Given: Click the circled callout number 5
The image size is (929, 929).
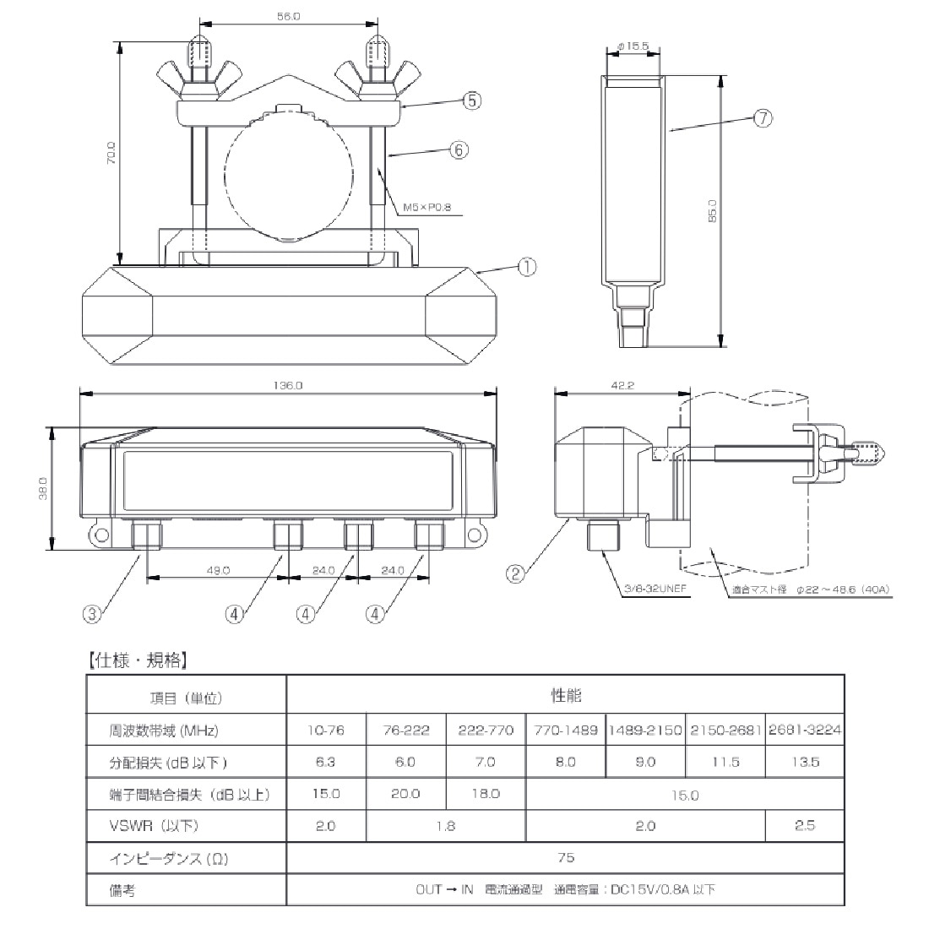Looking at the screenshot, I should tap(471, 101).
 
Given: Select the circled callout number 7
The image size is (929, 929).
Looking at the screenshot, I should tap(762, 118).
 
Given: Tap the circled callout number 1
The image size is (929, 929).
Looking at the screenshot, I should tap(527, 268).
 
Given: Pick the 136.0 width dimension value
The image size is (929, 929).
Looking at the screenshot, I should tap(288, 385).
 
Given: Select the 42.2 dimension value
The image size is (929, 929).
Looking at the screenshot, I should tap(620, 385).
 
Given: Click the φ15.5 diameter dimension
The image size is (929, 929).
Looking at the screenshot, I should tap(633, 46).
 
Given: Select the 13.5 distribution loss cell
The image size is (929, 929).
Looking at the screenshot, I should tap(804, 762).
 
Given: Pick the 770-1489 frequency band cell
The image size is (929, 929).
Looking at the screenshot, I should tap(565, 730).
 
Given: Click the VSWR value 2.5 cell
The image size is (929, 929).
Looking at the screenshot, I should tap(804, 826).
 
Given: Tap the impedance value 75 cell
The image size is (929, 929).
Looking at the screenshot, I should tap(566, 858).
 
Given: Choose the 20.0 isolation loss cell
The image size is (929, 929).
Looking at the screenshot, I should tap(405, 794).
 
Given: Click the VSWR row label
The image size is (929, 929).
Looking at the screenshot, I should tap(155, 826).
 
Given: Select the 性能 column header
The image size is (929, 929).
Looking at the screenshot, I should tap(566, 696).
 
